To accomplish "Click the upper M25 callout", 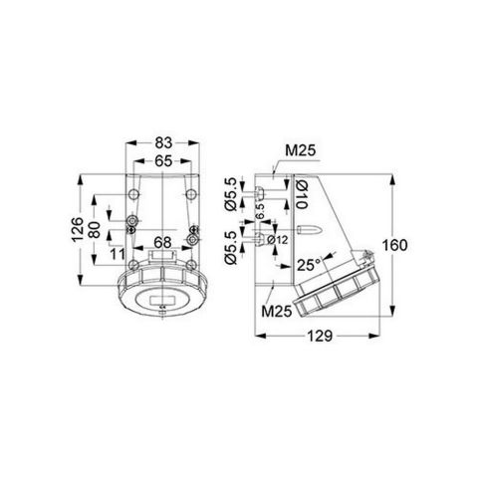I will (300, 151).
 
